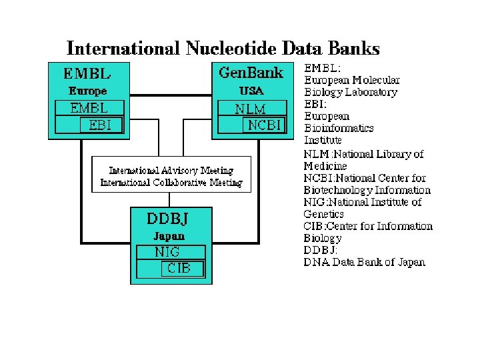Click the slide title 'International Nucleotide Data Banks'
tap(223, 49)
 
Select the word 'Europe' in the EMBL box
tap(88, 91)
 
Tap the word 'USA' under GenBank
tap(251, 91)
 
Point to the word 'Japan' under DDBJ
tap(169, 236)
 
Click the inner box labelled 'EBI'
tap(96, 125)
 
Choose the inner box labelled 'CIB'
tap(179, 269)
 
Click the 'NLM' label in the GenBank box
tap(250, 109)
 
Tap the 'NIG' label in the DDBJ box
tap(167, 253)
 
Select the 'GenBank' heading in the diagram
tap(251, 73)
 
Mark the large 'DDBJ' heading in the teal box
tap(170, 218)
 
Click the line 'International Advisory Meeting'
tap(171, 171)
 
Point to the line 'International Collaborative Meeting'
tap(171, 182)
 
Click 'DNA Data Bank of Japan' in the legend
tap(364, 262)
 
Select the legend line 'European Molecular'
tap(352, 81)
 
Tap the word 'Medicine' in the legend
tap(325, 166)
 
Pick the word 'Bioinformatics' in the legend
tap(339, 128)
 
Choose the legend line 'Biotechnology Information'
tap(367, 190)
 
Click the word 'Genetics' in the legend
tap(323, 214)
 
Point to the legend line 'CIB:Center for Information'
tap(368, 226)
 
